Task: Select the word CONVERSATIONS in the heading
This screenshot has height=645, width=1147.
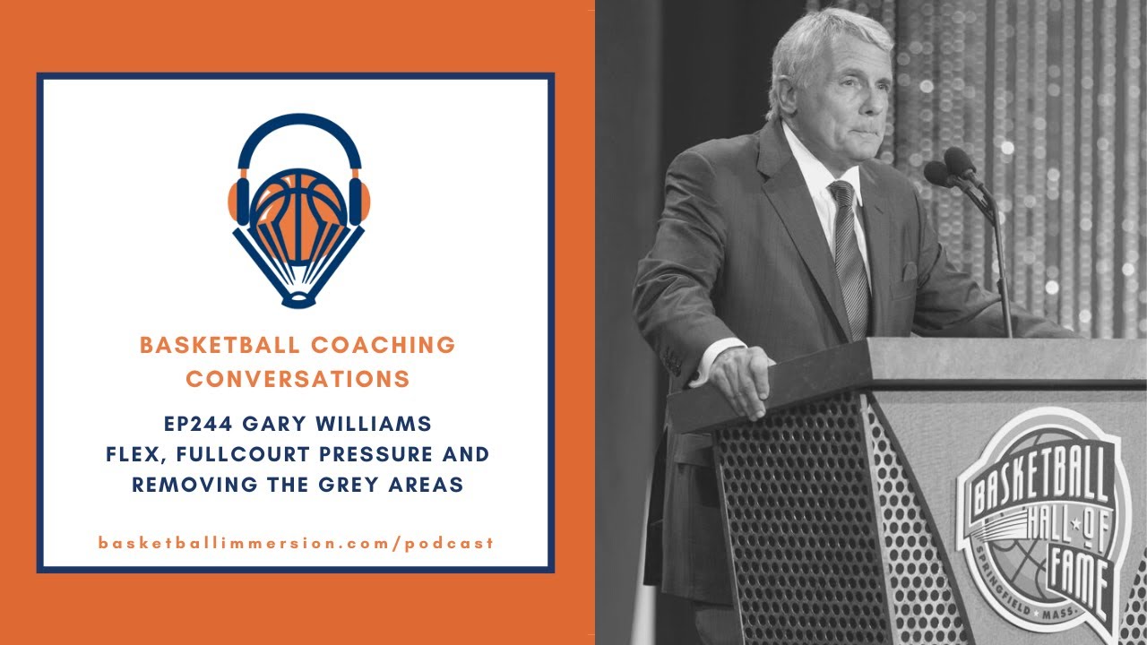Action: coord(298,379)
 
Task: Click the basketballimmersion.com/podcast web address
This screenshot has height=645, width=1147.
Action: coord(297,543)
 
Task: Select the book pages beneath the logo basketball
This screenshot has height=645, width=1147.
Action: coord(299,269)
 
